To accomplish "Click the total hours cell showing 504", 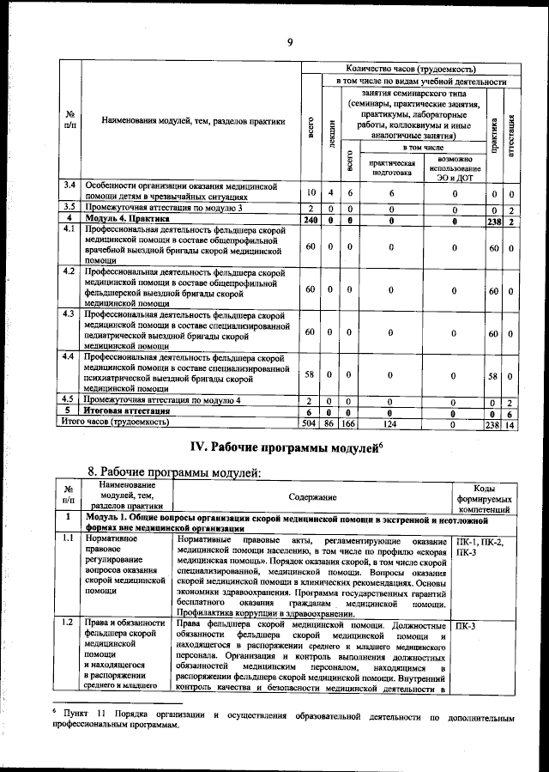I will [311, 423].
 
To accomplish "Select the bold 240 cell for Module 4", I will [311, 221].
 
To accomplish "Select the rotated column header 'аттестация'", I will [510, 132].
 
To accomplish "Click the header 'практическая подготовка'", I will [391, 167].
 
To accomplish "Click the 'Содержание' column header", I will [312, 497].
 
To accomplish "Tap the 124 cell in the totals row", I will [391, 423].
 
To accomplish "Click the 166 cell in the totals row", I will [349, 423].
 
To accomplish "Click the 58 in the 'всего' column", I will [311, 375].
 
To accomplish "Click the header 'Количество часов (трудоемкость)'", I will [410, 68].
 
